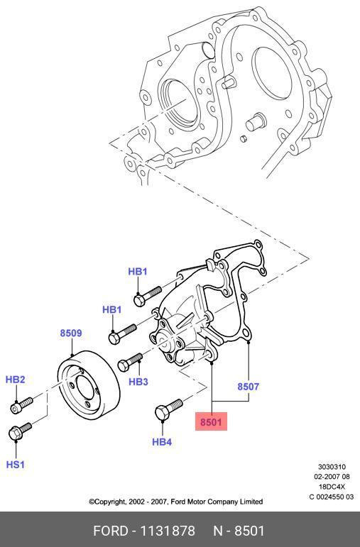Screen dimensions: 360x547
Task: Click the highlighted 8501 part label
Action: pyautogui.click(x=211, y=421)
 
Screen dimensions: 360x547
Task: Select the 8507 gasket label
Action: pyautogui.click(x=248, y=387)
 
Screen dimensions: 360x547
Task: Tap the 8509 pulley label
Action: pyautogui.click(x=71, y=333)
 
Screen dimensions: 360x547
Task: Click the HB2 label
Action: pyautogui.click(x=16, y=380)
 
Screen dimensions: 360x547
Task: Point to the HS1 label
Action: pyautogui.click(x=16, y=464)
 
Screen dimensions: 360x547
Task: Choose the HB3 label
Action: pyautogui.click(x=138, y=382)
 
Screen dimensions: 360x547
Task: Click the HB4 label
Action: pyautogui.click(x=162, y=442)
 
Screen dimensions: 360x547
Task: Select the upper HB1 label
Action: pyautogui.click(x=138, y=272)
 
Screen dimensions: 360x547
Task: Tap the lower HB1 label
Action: pyautogui.click(x=111, y=309)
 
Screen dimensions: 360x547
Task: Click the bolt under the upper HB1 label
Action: pyautogui.click(x=148, y=296)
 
